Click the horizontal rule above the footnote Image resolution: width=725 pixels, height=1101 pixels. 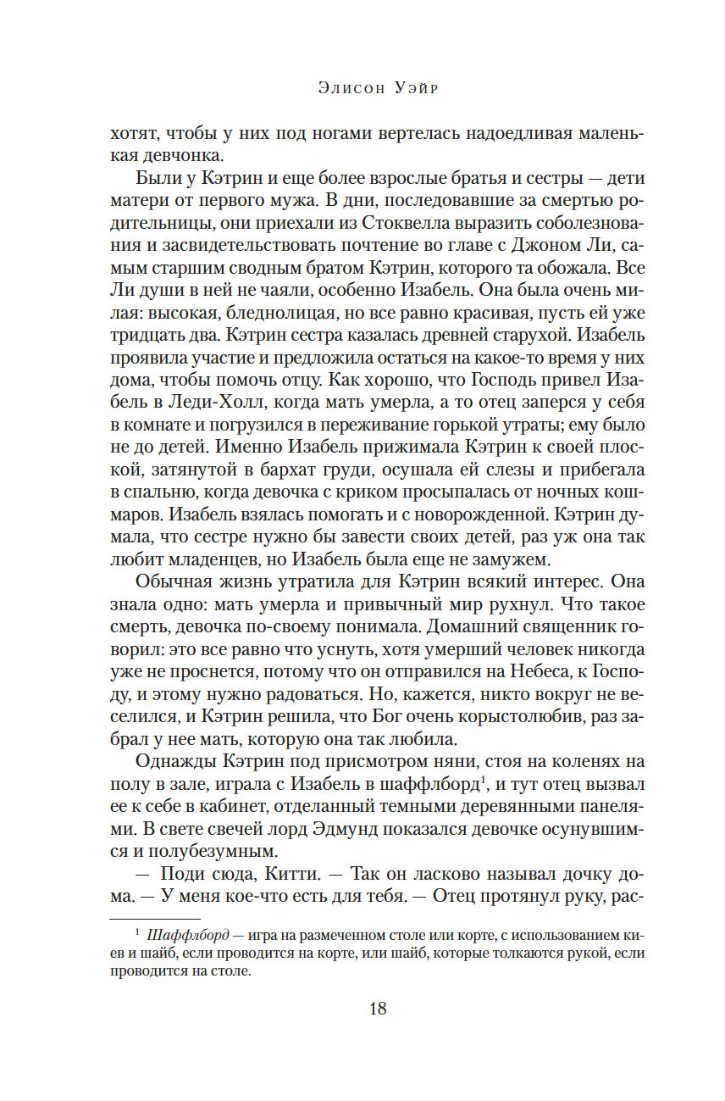155,919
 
